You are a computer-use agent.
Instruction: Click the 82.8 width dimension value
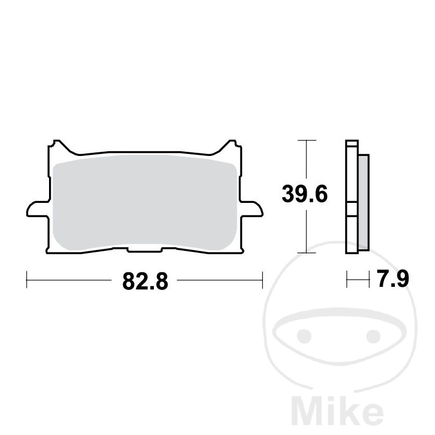[x=144, y=282]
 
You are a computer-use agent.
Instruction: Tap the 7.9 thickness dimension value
[x=390, y=281]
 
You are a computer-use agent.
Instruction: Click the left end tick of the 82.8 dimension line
[x=26, y=280]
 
